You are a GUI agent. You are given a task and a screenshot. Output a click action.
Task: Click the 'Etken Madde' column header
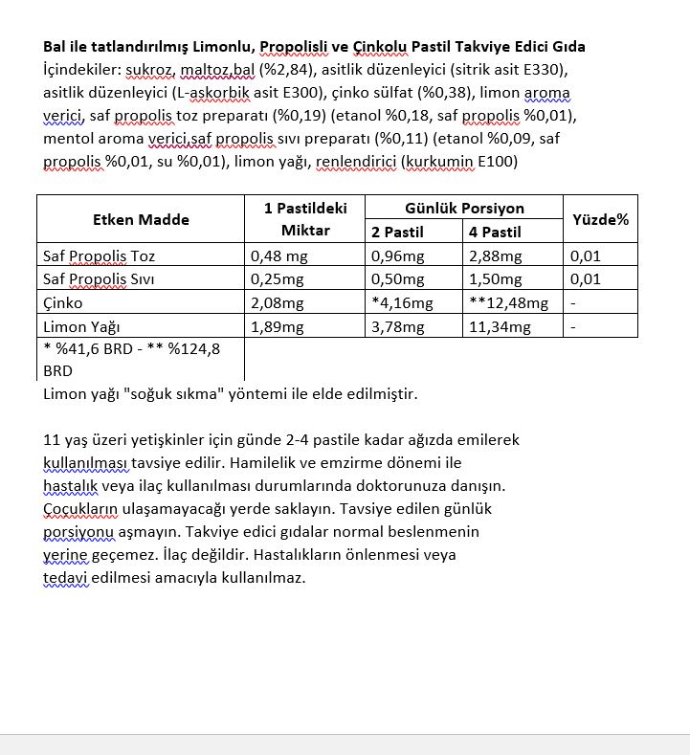pos(141,219)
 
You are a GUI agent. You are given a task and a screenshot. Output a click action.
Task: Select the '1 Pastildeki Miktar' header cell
pos(305,219)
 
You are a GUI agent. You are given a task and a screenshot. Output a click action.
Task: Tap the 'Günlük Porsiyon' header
pos(464,208)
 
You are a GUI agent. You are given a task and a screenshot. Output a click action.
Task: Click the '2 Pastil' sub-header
pos(399,232)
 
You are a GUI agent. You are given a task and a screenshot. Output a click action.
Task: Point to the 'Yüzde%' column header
pos(600,219)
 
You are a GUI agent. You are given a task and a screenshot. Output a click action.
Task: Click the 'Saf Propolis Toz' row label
pos(100,256)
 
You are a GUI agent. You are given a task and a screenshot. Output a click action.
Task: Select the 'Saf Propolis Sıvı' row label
pos(100,279)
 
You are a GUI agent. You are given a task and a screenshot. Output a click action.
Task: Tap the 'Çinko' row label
pos(63,303)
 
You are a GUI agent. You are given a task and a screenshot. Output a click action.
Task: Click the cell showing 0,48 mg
pos(278,256)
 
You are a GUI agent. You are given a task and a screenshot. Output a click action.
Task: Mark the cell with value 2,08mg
pos(277,303)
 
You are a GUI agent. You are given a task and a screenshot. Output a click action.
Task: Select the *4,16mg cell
pos(402,303)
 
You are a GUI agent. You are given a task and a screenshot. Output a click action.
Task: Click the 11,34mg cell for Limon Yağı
pos(499,326)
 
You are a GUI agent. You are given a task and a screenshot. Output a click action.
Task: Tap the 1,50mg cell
pos(496,279)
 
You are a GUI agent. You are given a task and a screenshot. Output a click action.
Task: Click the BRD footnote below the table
pos(132,359)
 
